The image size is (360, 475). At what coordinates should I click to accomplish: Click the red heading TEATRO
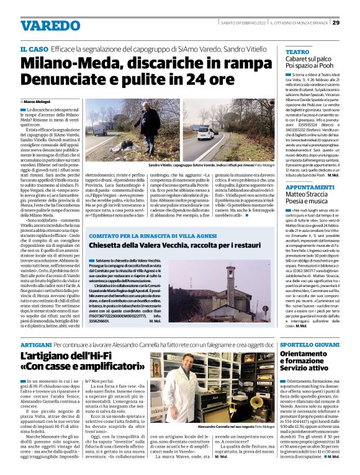pyautogui.click(x=297, y=52)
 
